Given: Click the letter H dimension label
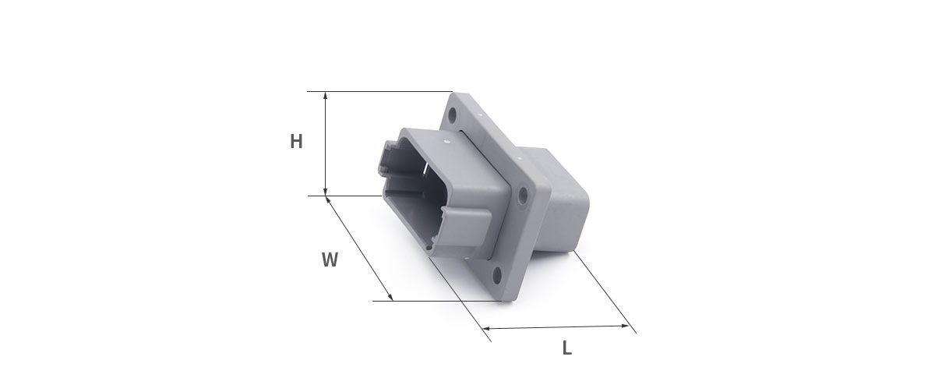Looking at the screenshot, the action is tap(296, 142).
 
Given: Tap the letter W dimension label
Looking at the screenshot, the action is tap(330, 259).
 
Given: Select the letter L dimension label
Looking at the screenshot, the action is tap(566, 348).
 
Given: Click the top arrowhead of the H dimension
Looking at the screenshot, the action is tap(326, 96).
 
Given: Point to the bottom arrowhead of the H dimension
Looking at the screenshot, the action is tap(326, 191).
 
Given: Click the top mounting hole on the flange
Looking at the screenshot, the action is tap(453, 115).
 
